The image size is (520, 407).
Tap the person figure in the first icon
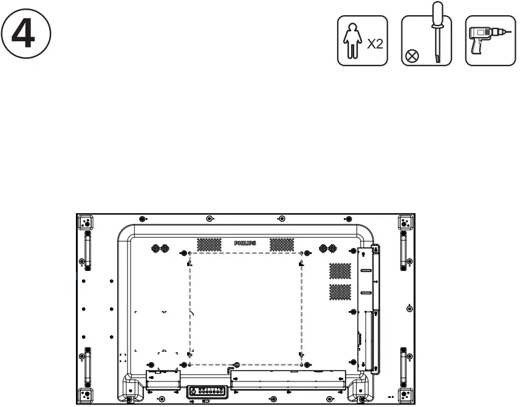coord(353,41)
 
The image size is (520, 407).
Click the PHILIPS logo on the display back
coord(245,243)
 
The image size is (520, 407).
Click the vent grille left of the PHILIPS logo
coord(209,244)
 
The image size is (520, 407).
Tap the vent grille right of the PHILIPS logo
coord(281,244)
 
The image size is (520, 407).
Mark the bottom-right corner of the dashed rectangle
coord(301,364)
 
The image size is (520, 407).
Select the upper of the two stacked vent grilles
coord(340,270)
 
